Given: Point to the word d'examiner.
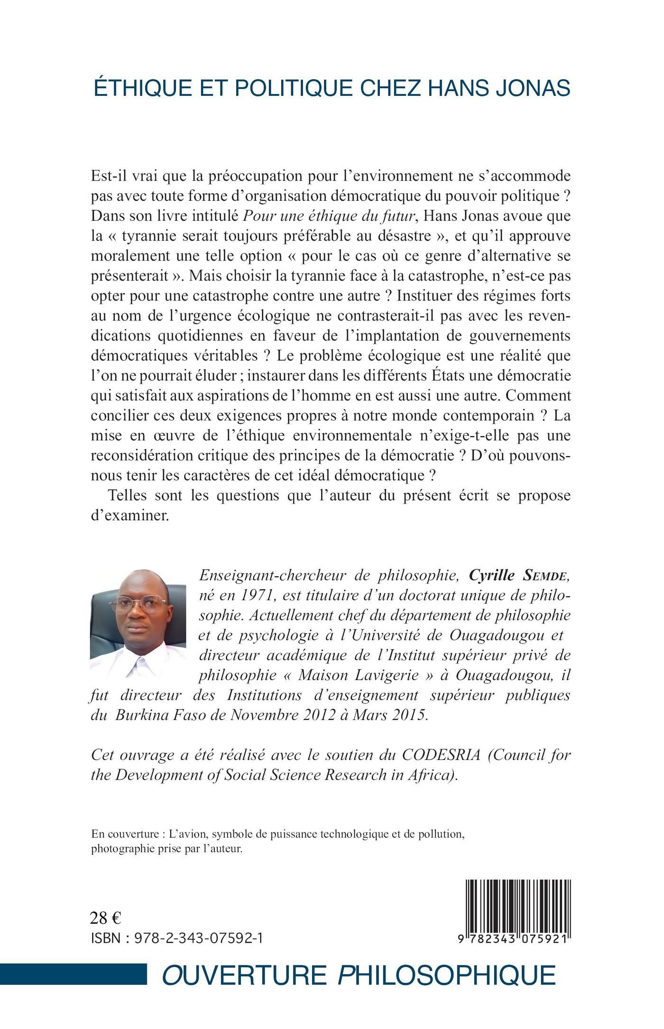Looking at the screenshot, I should point(129,515).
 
